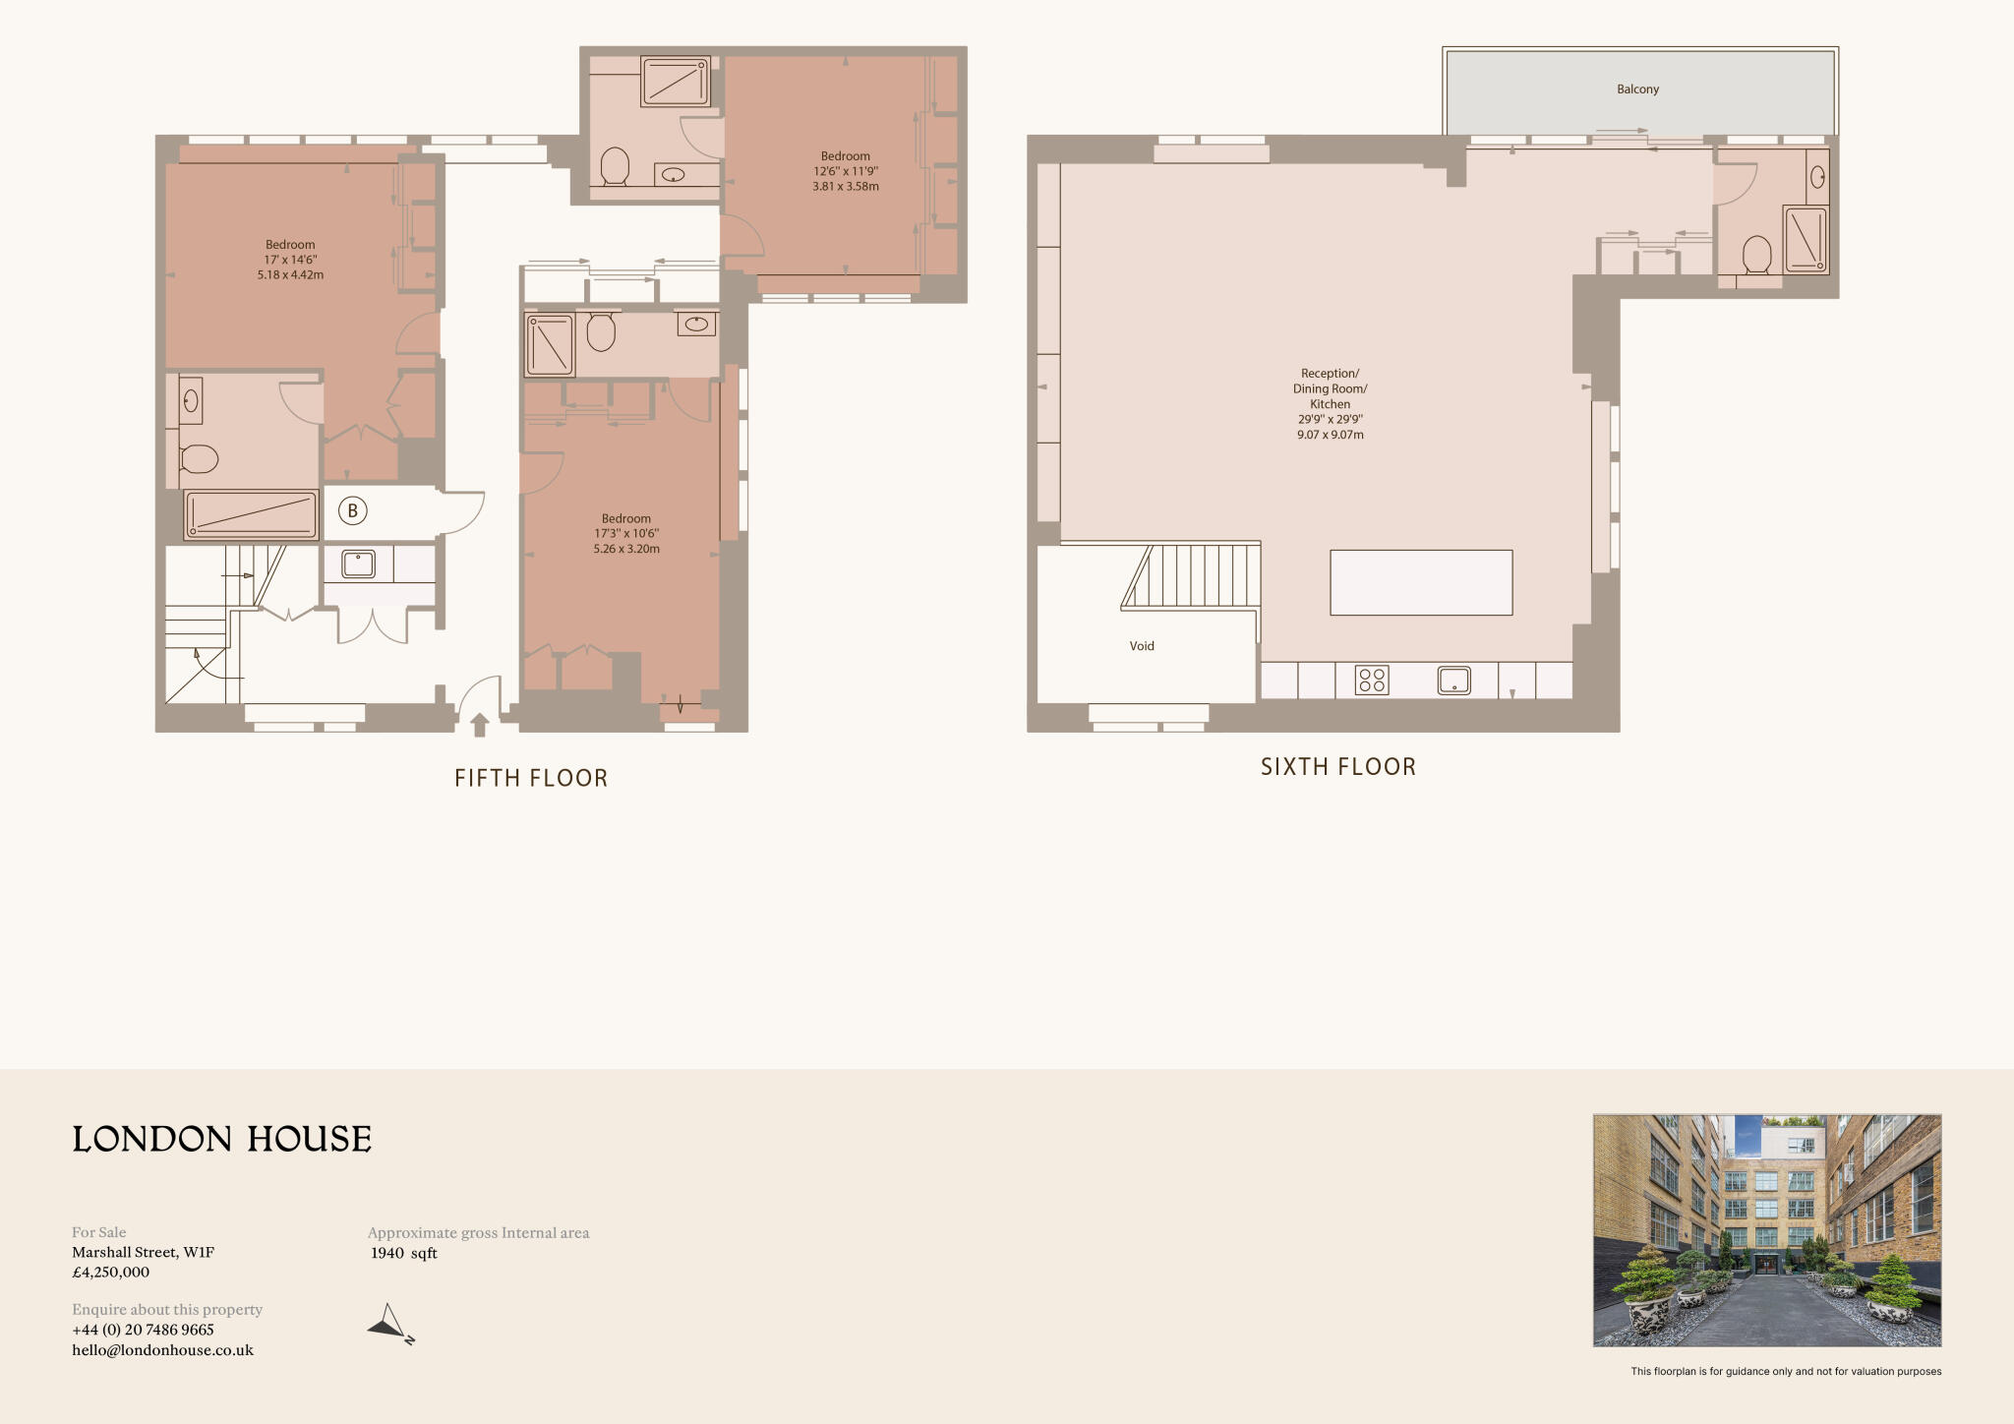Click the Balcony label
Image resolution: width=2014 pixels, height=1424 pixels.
(1637, 89)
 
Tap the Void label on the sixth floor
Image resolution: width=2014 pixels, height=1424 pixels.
(1142, 646)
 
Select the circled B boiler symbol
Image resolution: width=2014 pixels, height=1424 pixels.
(352, 511)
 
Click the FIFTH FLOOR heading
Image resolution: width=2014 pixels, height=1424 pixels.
(531, 778)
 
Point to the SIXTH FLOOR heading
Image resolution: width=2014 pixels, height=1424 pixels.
(1338, 767)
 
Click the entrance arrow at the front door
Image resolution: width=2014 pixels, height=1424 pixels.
(479, 725)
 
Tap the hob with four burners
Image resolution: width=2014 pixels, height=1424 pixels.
(1371, 681)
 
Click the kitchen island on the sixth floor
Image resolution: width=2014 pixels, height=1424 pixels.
(1421, 583)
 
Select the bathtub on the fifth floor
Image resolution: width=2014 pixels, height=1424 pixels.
(252, 515)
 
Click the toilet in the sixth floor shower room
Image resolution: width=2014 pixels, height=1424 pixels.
(1756, 255)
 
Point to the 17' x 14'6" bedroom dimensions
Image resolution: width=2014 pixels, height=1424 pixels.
(290, 260)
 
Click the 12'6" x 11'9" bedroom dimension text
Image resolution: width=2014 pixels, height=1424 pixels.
(846, 171)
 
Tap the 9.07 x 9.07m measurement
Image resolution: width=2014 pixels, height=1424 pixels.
(1330, 435)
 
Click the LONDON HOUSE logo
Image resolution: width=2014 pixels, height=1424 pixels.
(222, 1139)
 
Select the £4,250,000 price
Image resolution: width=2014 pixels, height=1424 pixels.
(111, 1272)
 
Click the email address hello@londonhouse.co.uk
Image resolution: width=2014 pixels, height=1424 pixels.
(162, 1350)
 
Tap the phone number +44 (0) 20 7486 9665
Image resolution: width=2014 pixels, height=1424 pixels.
(143, 1330)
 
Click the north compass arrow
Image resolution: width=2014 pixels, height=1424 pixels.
(390, 1324)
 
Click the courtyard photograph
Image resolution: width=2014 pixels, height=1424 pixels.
(1766, 1230)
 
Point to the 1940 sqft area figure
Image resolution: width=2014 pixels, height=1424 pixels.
(403, 1253)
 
